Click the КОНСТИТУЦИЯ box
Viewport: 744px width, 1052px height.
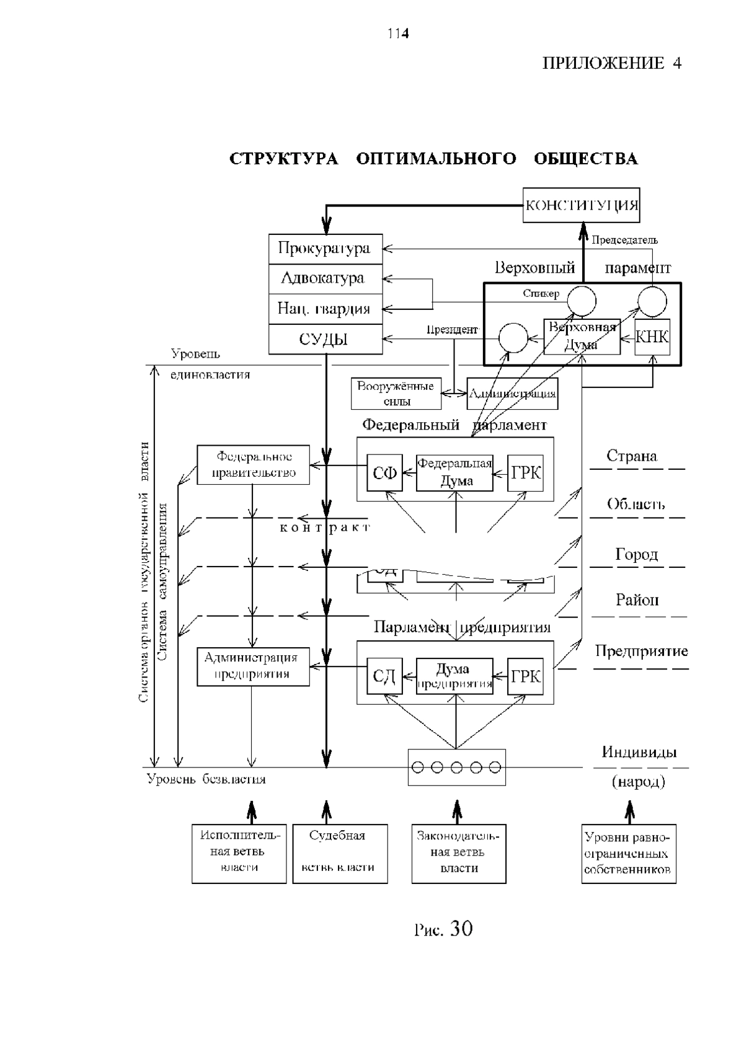coord(581,205)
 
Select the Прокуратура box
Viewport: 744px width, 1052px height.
coord(325,249)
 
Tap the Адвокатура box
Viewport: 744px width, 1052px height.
coord(325,279)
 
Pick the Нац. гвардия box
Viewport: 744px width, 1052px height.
coord(325,309)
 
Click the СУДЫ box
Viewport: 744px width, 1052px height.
coord(325,340)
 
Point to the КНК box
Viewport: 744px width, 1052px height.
coord(652,337)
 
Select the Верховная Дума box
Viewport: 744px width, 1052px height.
coord(582,337)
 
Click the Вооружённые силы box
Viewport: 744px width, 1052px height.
coord(396,394)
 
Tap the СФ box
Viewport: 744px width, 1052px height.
coord(384,473)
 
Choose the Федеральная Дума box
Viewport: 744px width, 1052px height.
coord(455,473)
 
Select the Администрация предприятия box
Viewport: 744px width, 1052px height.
coord(253,666)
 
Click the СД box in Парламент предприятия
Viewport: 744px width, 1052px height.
coord(384,676)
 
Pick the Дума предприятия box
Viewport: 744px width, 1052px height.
coord(455,676)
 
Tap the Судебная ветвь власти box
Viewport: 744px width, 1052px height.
coord(340,853)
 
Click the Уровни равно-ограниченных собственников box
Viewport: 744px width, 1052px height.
coord(628,853)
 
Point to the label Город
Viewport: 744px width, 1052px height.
coord(637,554)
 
